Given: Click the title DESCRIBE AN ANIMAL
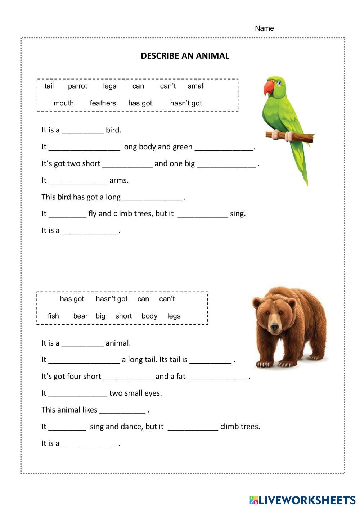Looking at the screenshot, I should pos(185,56).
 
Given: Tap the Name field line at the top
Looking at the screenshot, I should pos(306,29).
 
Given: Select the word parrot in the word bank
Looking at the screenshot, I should pos(77,86).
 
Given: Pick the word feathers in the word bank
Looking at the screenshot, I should pos(103,103).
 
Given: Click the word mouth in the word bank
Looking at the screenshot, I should pos(63,103).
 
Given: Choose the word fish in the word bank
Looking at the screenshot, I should pos(53,316).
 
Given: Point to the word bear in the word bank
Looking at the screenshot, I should pos(80,316).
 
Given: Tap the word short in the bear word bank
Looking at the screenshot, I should pos(123,316).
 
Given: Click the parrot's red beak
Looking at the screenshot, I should pos(268,88).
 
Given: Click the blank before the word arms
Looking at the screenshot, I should pos(78,181).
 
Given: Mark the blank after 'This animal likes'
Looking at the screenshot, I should pos(122,410).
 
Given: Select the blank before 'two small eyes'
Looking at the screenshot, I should pos(78,393).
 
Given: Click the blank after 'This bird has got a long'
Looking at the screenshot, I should pos(152,198).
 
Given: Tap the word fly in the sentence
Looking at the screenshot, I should pos(92,214).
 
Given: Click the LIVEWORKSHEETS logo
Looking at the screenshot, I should pos(302,500).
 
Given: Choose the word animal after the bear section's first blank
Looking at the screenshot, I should pos(118,343).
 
